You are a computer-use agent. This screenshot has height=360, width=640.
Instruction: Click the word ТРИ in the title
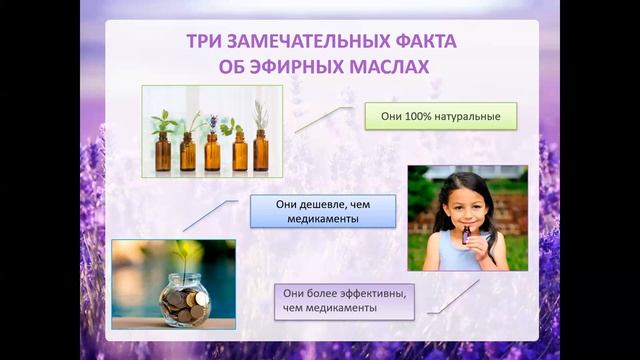point(206,42)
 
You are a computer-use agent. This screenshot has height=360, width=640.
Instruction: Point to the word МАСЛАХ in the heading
point(390,67)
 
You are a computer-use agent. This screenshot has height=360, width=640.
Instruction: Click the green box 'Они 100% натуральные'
point(440,117)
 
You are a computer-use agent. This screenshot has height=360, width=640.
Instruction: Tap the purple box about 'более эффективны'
point(344,302)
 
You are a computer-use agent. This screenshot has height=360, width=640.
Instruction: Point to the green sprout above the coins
point(181,251)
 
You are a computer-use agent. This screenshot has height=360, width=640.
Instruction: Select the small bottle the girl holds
point(466,236)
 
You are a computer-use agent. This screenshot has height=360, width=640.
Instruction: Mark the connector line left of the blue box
point(209,214)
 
